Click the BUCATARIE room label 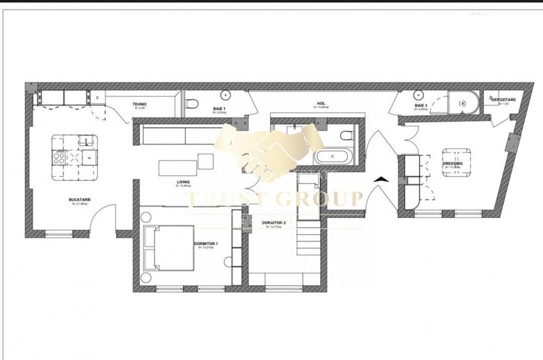pos(80,200)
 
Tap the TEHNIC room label pos(140,104)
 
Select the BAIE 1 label pos(219,109)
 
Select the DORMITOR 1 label pos(206,244)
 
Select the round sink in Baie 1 pos(228,96)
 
